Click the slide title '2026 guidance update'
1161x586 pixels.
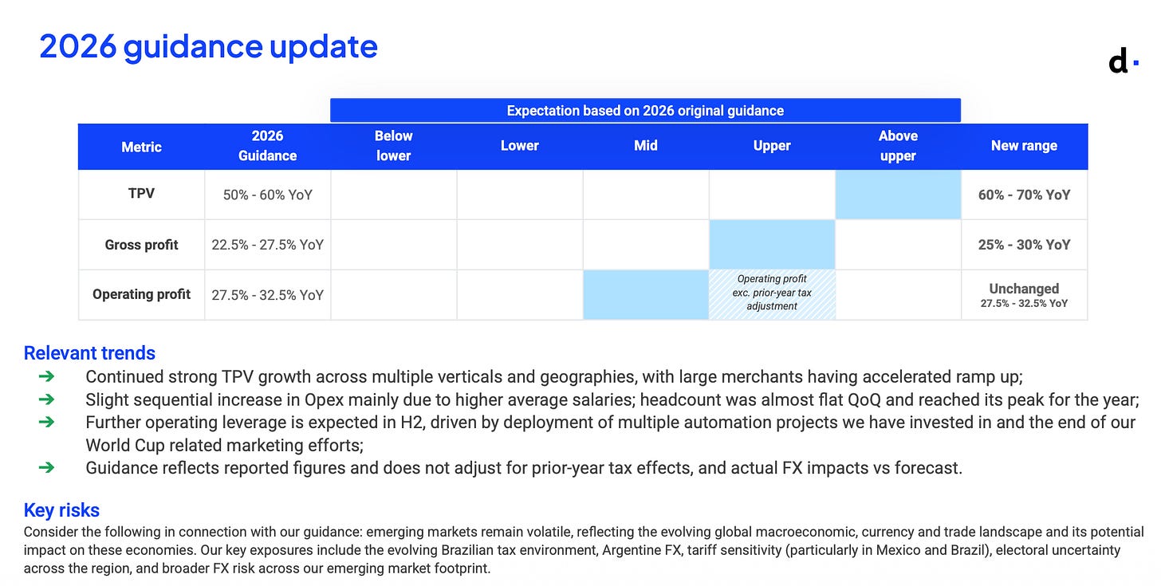tap(208, 46)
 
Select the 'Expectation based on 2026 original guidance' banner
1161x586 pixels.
tap(645, 110)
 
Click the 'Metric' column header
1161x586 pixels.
tap(141, 147)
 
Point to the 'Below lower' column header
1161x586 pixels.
tap(393, 146)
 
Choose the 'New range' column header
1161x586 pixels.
tap(1024, 146)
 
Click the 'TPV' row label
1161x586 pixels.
tap(141, 193)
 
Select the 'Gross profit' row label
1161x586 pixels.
tap(141, 245)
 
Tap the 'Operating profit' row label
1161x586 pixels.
tap(141, 294)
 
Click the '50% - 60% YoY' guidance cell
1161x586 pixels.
tap(267, 195)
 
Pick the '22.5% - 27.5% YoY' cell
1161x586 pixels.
tap(267, 245)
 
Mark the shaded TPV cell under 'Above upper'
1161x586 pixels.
tap(898, 195)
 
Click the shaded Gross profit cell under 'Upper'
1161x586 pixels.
tap(772, 245)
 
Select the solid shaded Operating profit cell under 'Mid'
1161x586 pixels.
tap(646, 294)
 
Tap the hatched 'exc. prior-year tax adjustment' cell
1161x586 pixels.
tap(772, 294)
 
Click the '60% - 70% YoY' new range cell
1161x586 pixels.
tap(1024, 195)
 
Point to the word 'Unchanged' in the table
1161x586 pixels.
tap(1024, 289)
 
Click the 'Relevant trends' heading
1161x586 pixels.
tap(89, 353)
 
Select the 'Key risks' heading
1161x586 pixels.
tap(61, 510)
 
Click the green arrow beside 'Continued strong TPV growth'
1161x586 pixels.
tap(46, 376)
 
